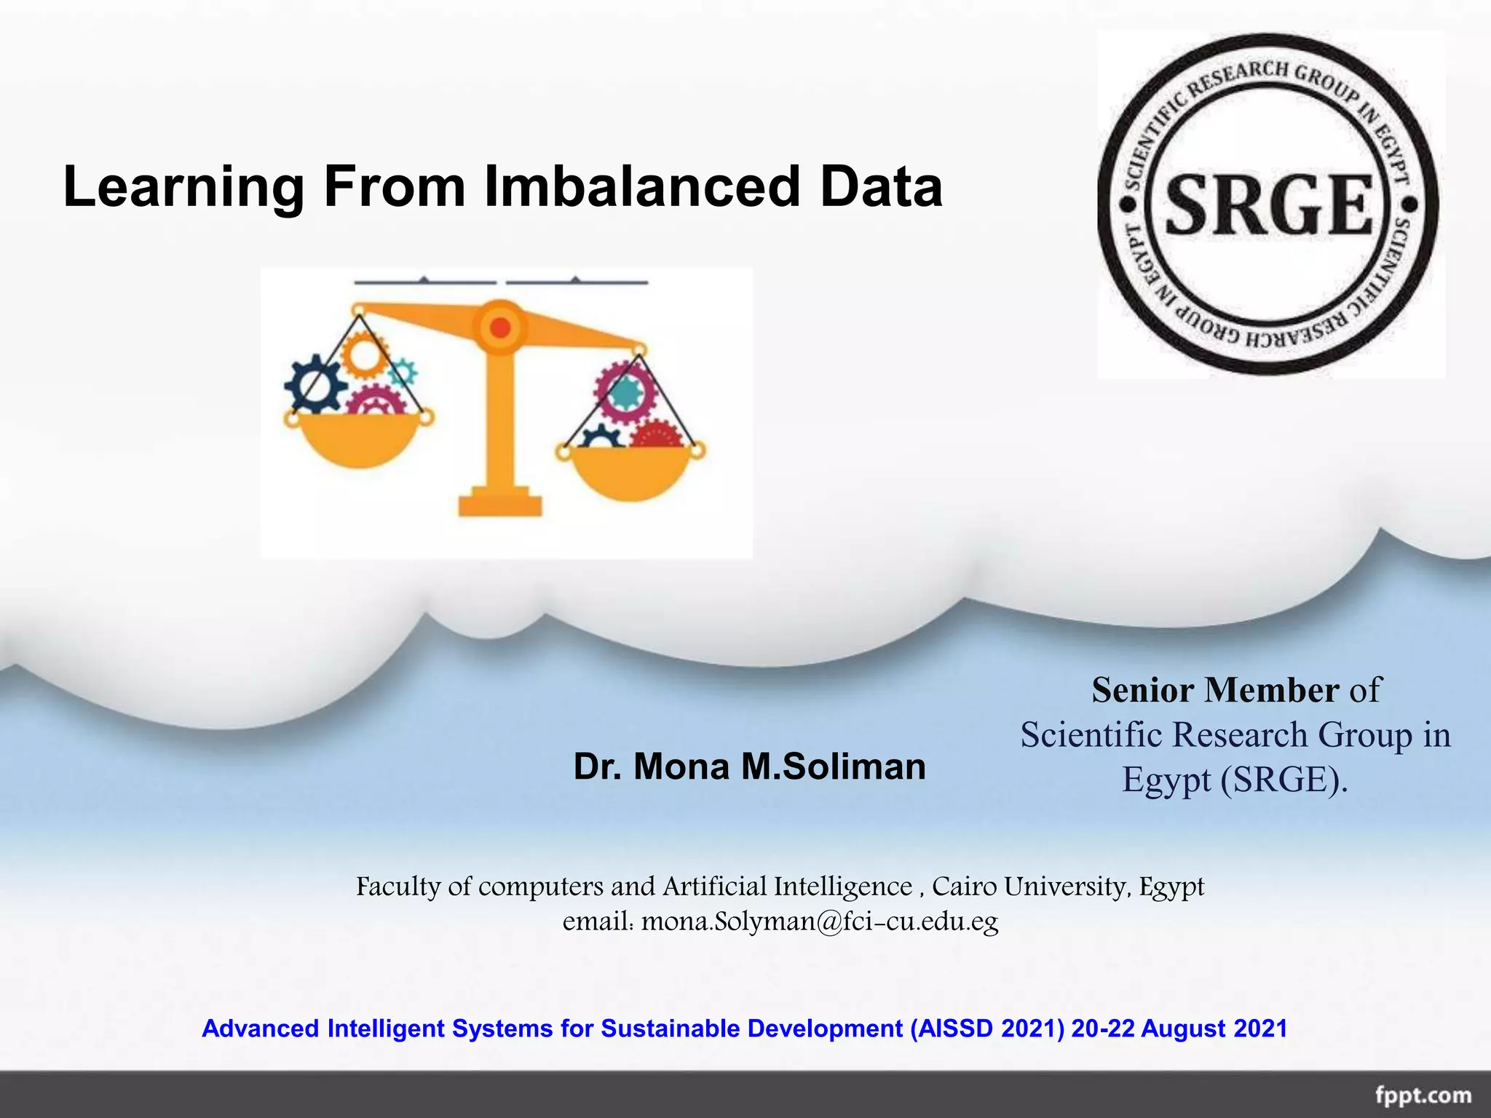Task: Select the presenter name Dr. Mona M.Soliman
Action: pos(749,766)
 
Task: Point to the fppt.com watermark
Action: pos(1423,1095)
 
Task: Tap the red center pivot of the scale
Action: pos(500,328)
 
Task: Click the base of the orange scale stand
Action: pos(500,504)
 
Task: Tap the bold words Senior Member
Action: pos(1215,690)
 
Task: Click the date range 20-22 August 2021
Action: pos(1179,1028)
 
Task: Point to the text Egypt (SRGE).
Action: pos(1235,780)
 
